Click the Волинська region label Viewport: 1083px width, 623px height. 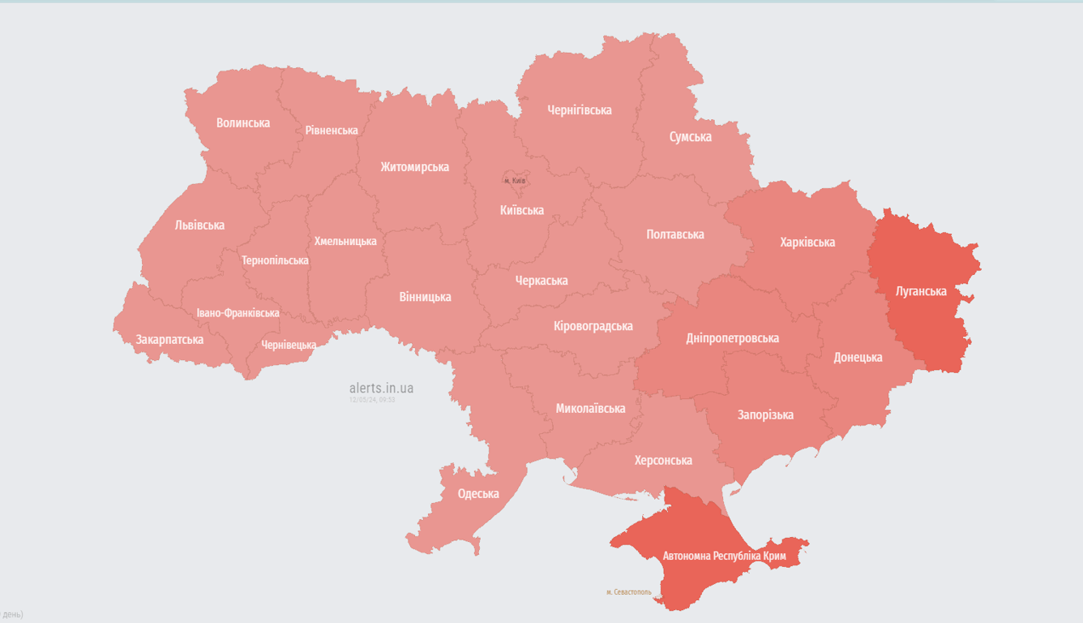click(243, 123)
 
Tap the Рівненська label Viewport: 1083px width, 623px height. click(332, 131)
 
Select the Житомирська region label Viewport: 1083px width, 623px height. click(414, 167)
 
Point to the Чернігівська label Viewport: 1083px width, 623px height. click(580, 110)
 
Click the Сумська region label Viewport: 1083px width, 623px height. click(691, 137)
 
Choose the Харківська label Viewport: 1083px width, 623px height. click(807, 243)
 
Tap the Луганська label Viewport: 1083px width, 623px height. click(921, 291)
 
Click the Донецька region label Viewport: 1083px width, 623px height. click(858, 358)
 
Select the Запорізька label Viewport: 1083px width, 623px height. click(765, 415)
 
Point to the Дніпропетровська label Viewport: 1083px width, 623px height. click(732, 338)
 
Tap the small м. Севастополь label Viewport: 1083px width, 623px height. click(628, 592)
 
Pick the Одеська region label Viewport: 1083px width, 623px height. click(478, 494)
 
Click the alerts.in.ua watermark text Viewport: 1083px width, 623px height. click(381, 389)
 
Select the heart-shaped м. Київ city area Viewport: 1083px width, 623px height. click(515, 180)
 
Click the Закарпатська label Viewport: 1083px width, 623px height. click(169, 339)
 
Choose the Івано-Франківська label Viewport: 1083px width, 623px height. click(238, 313)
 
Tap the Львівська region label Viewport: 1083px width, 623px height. click(199, 226)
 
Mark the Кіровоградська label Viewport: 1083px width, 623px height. click(593, 326)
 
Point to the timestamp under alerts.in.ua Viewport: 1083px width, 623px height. click(372, 400)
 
